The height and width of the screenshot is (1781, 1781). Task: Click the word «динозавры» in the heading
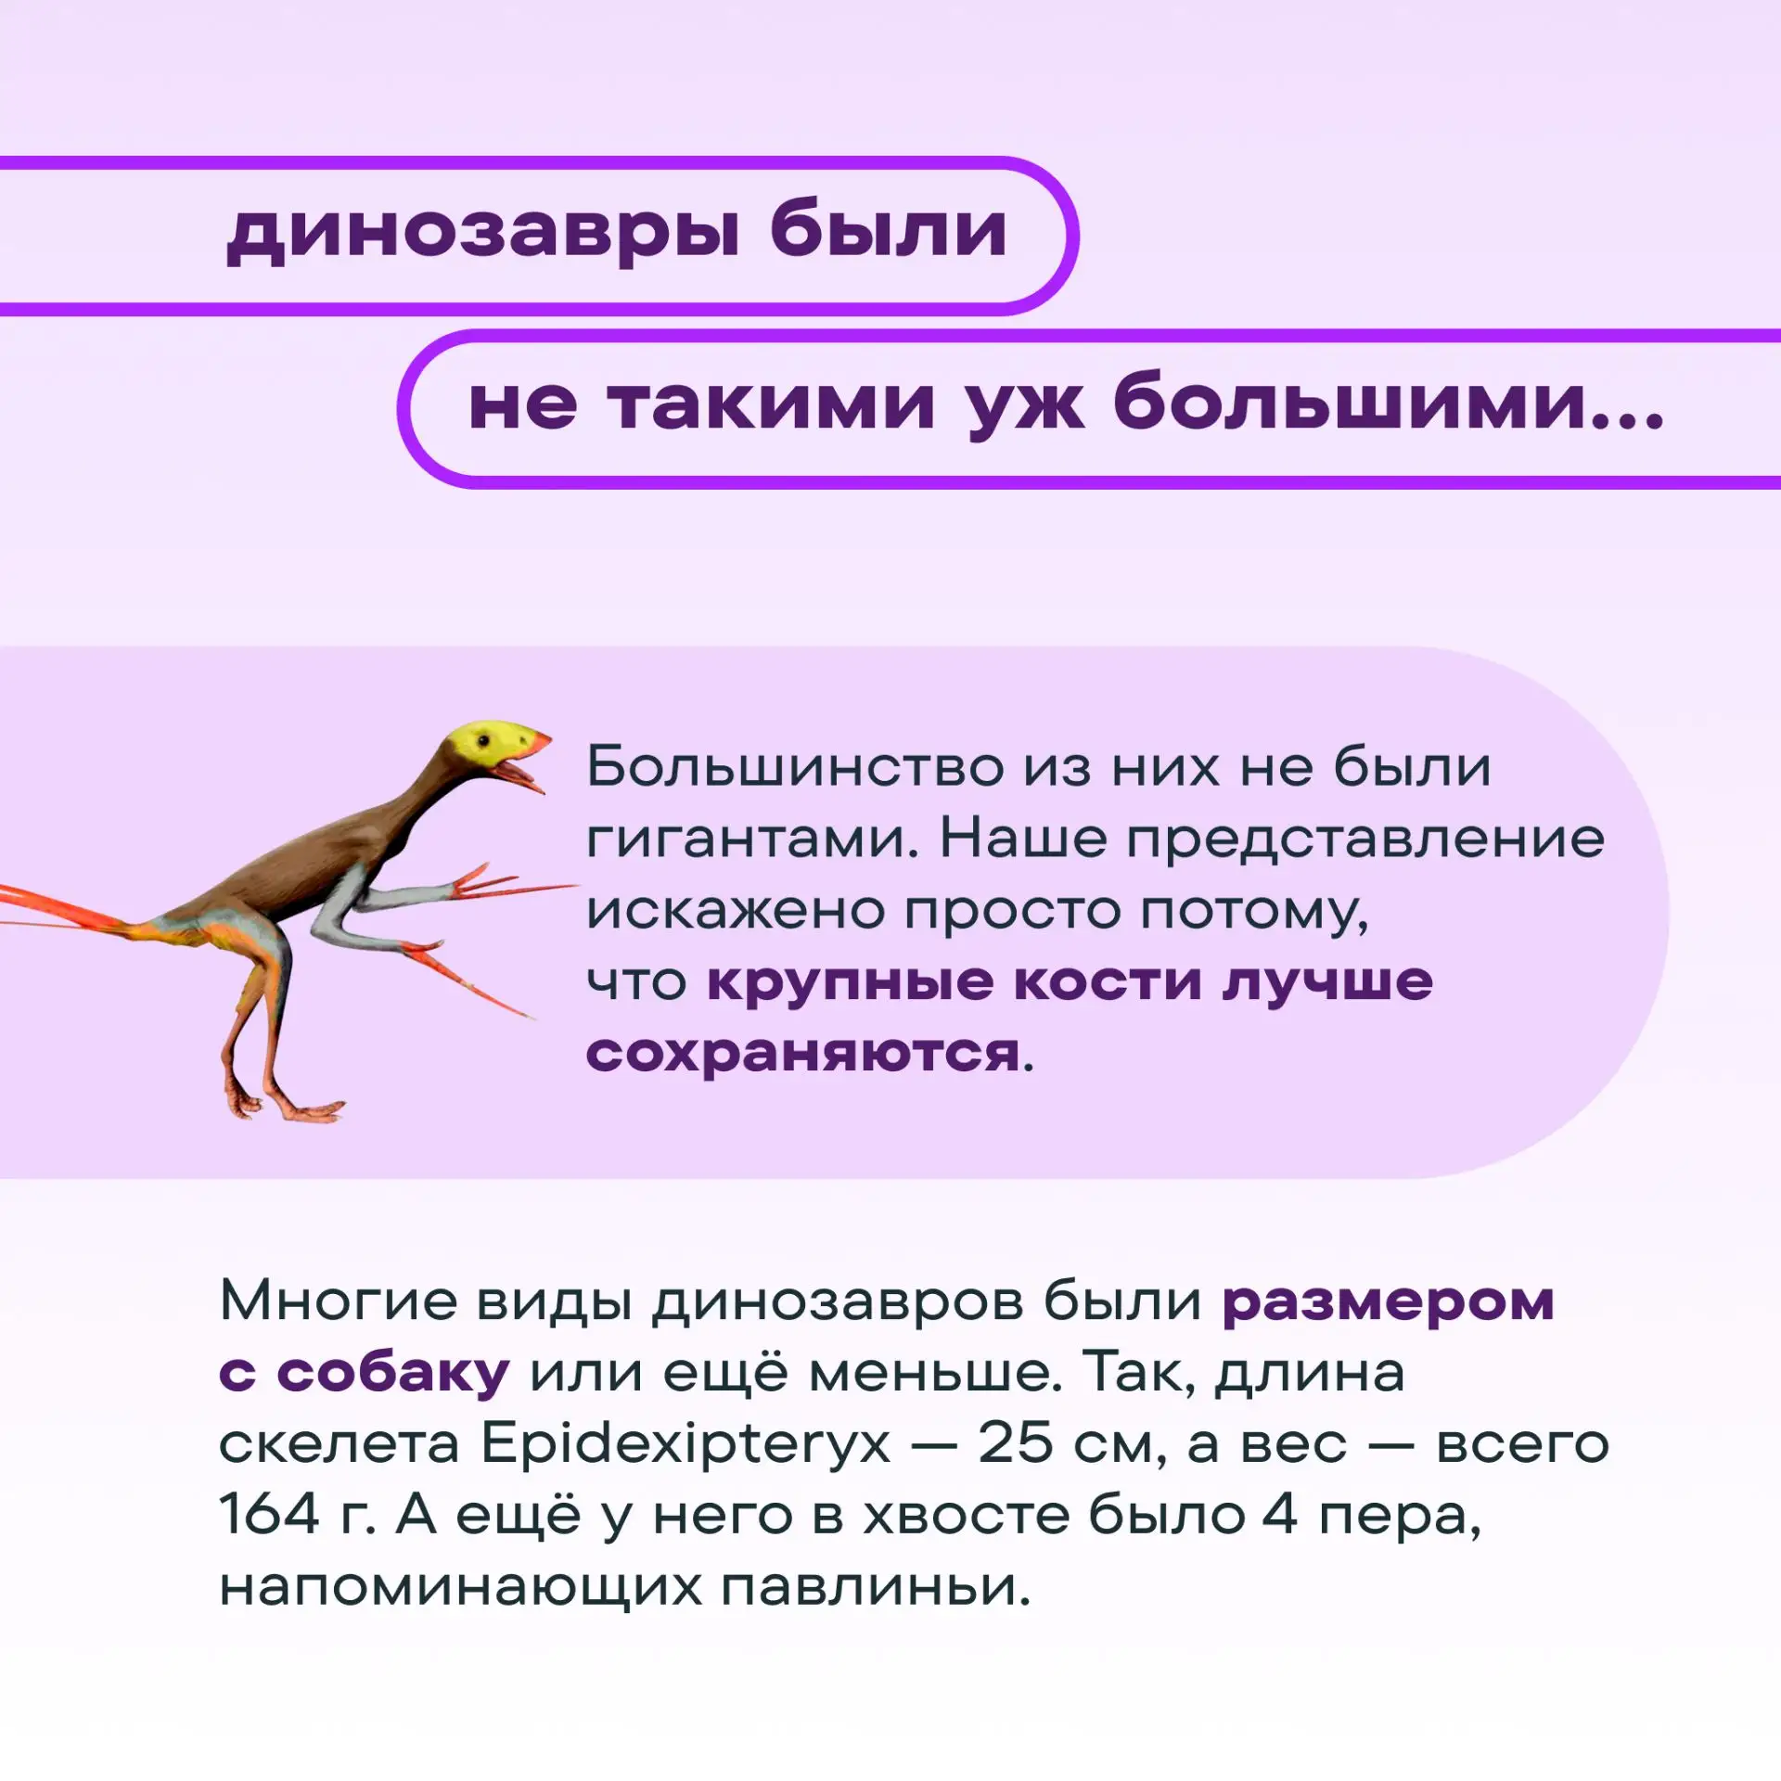click(x=483, y=231)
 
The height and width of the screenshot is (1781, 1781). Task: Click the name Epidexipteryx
click(x=685, y=1444)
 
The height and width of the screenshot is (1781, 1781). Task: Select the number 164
click(x=268, y=1514)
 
